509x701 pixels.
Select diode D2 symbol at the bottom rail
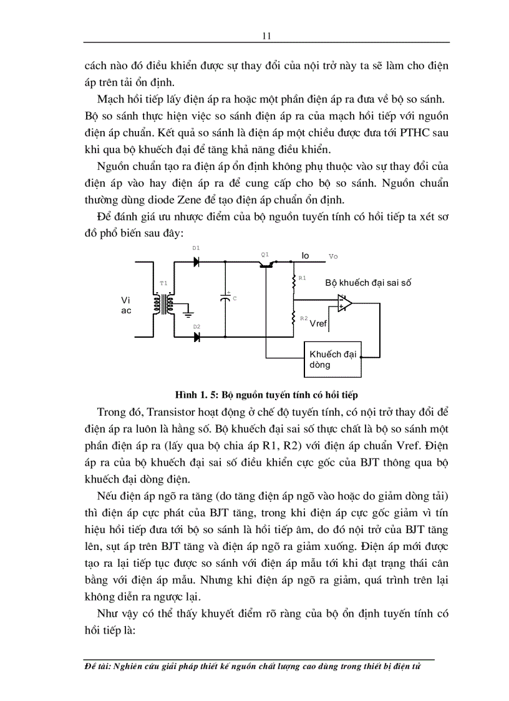pos(196,337)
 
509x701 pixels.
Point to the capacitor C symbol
pos(225,299)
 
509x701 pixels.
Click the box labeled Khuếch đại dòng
pos(332,360)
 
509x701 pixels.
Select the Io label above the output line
pos(305,255)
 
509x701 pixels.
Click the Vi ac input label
pos(126,305)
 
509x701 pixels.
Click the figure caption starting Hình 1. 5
pos(265,395)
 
